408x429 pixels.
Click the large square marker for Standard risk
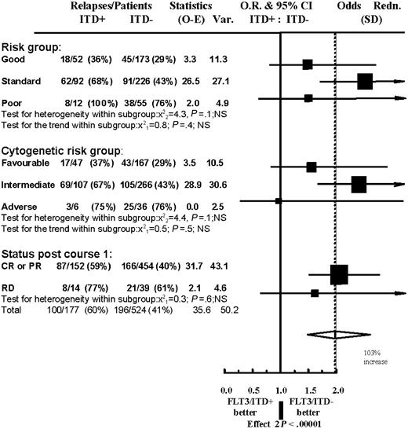coord(364,81)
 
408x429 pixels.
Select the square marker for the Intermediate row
coord(359,185)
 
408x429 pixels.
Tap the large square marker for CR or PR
coord(339,274)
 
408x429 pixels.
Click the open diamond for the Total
coord(338,334)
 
